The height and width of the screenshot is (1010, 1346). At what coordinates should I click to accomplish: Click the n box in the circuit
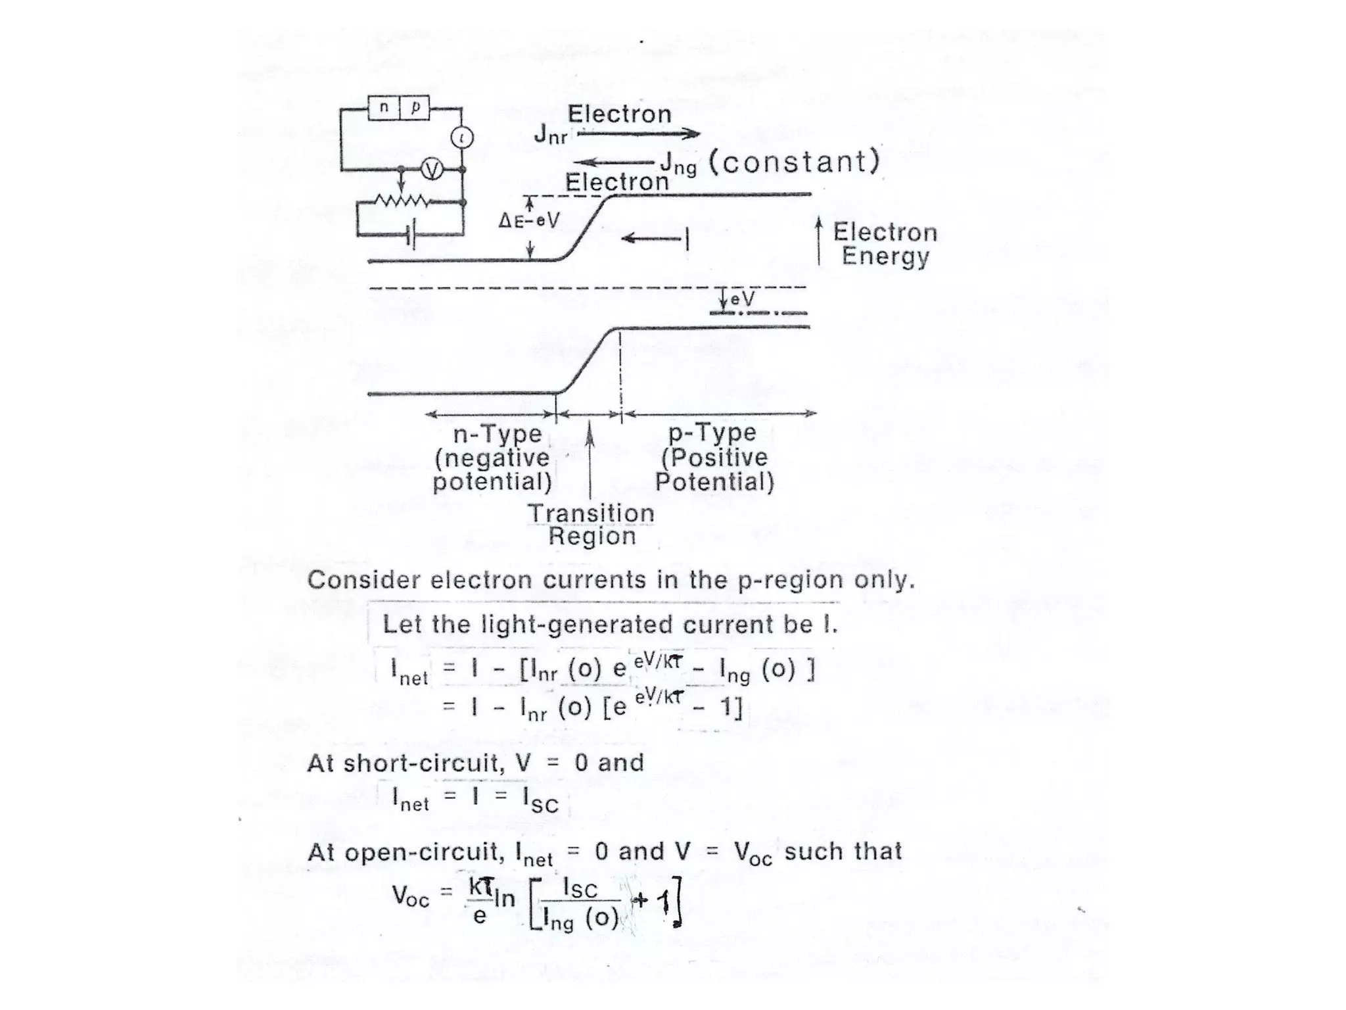pyautogui.click(x=384, y=108)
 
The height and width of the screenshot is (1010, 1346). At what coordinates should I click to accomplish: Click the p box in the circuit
pyautogui.click(x=415, y=108)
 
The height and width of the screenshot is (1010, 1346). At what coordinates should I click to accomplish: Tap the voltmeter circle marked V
pyautogui.click(x=432, y=170)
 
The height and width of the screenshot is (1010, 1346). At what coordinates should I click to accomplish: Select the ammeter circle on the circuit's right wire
pyautogui.click(x=462, y=137)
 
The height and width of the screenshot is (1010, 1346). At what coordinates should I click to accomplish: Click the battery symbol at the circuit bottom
pyautogui.click(x=411, y=235)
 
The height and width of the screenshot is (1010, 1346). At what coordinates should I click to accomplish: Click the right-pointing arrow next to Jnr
pyautogui.click(x=638, y=134)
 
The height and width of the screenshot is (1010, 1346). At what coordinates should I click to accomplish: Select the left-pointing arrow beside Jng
pyautogui.click(x=613, y=162)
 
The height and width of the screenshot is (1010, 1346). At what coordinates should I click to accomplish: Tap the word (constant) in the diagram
pyautogui.click(x=794, y=162)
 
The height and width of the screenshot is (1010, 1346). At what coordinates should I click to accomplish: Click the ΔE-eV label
pyautogui.click(x=528, y=220)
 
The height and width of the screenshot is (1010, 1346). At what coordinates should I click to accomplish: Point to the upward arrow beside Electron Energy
pyautogui.click(x=818, y=241)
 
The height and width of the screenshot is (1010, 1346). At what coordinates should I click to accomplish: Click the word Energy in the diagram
pyautogui.click(x=885, y=256)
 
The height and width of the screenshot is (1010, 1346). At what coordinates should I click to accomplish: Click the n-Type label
pyautogui.click(x=498, y=434)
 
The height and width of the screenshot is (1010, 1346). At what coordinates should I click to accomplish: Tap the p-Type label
pyautogui.click(x=712, y=433)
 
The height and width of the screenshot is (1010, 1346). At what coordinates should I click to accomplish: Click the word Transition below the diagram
pyautogui.click(x=591, y=513)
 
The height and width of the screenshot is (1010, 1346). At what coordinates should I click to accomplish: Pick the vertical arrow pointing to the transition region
pyautogui.click(x=590, y=460)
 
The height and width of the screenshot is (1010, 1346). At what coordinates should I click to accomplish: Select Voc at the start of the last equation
pyautogui.click(x=410, y=896)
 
